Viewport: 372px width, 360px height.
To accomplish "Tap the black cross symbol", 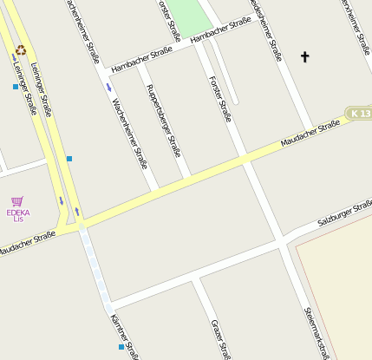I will pos(304,58).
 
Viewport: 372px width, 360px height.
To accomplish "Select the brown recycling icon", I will pos(21,49).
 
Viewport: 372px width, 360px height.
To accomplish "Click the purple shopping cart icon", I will pos(17,201).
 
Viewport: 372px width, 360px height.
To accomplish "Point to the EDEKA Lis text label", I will pos(18,215).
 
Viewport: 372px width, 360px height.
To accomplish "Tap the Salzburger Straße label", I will pos(345,213).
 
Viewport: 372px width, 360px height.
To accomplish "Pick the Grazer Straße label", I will pos(220,339).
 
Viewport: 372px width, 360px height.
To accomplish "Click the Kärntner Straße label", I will pos(125,337).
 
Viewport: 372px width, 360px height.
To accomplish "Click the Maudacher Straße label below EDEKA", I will pos(26,244).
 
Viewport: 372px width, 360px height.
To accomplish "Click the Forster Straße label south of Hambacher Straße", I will pos(220,98).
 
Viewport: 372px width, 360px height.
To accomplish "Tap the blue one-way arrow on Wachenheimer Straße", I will pos(108,87).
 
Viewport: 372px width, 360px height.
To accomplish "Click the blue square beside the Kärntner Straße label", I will pos(121,347).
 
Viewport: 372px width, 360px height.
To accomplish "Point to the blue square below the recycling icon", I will pos(16,87).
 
